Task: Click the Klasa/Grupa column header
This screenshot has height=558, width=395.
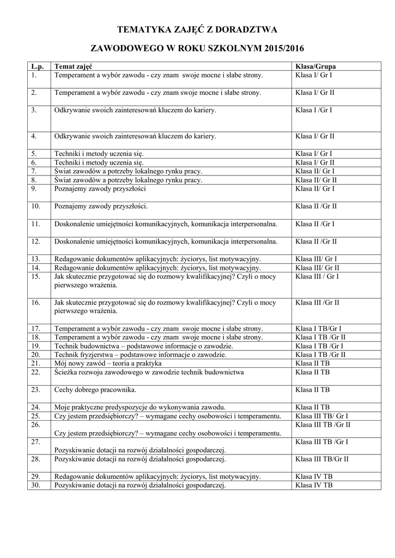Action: [x=315, y=66]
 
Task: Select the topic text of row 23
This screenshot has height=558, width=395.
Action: [x=95, y=390]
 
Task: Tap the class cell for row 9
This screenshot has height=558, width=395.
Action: [x=315, y=189]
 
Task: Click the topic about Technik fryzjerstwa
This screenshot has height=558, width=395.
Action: [x=141, y=355]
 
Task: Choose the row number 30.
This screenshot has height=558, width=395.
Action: [x=37, y=485]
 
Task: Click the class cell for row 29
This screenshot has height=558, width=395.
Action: [x=314, y=476]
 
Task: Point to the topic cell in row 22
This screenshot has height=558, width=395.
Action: [x=149, y=372]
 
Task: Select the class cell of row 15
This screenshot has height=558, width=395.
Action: [x=317, y=276]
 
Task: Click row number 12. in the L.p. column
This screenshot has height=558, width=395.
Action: [x=36, y=241]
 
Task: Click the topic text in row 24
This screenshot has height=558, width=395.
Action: [x=139, y=407]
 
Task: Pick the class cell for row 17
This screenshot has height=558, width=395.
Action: [x=318, y=329]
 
